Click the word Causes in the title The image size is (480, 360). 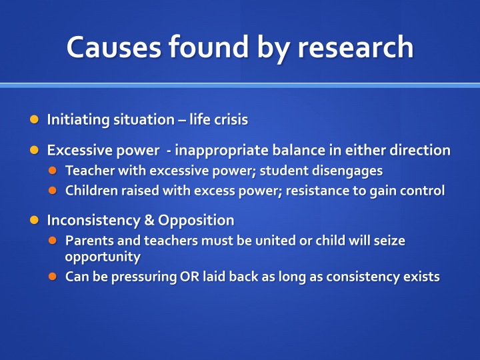click(x=114, y=47)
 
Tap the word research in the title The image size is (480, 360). click(x=355, y=47)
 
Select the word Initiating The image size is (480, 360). click(x=79, y=120)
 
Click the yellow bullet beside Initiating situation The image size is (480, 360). click(x=34, y=119)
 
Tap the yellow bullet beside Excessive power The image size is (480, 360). click(x=34, y=150)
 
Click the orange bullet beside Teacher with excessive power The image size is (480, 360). click(x=53, y=171)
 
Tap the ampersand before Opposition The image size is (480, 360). click(x=149, y=220)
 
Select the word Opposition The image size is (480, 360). click(x=196, y=221)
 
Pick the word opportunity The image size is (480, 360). click(x=103, y=257)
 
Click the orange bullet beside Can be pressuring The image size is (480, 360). click(x=53, y=277)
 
